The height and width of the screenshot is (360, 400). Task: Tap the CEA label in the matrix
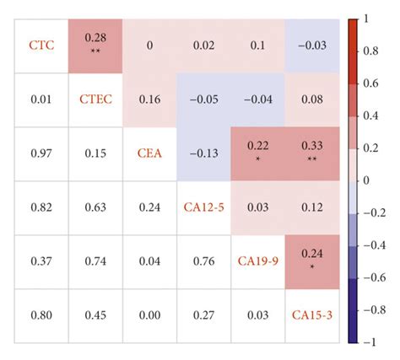click(149, 153)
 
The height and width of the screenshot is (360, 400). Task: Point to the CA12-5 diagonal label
click(203, 207)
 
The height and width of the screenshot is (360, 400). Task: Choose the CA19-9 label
click(257, 262)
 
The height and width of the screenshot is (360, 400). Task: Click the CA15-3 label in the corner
click(311, 316)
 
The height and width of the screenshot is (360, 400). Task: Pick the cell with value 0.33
click(311, 153)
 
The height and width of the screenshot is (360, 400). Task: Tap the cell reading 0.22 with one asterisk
click(257, 153)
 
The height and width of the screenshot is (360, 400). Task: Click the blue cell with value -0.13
click(203, 153)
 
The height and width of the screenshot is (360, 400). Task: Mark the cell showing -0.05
click(203, 99)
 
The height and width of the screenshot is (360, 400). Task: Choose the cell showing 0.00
click(149, 316)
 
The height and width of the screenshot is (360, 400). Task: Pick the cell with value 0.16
click(149, 99)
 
